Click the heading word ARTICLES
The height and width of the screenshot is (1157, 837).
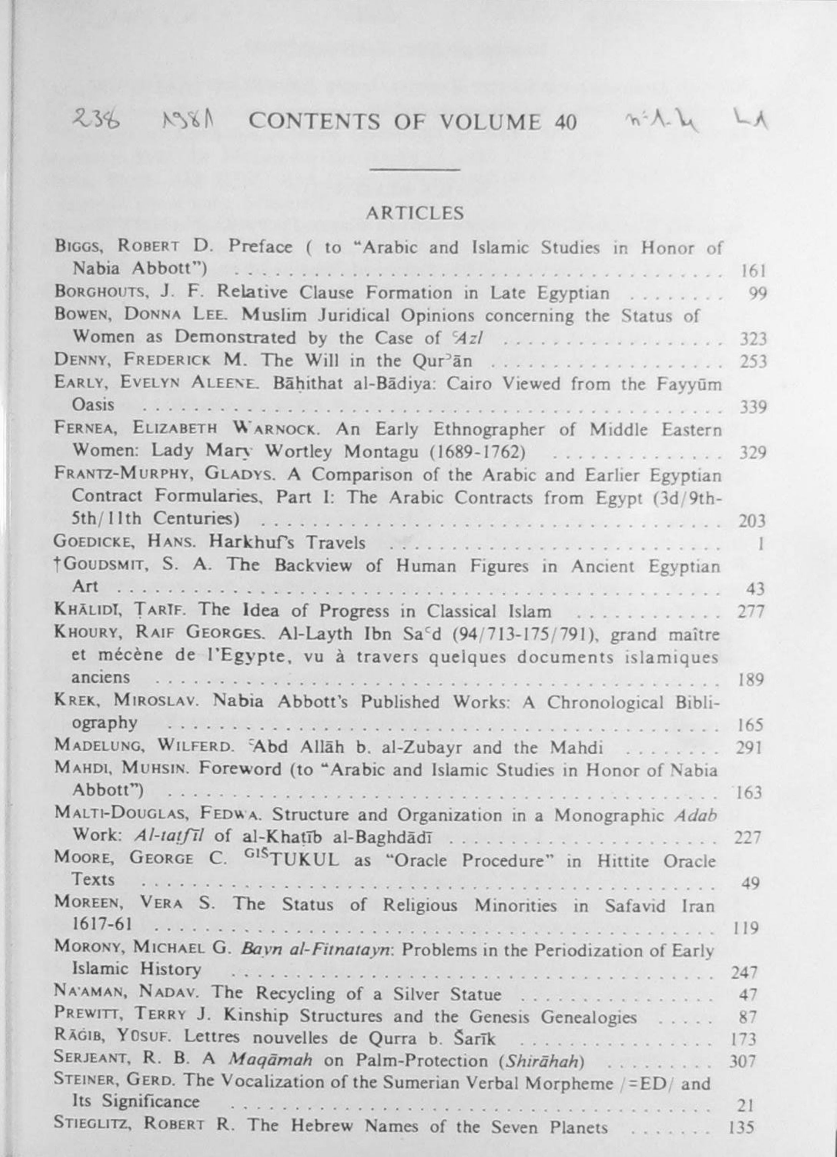pos(414,213)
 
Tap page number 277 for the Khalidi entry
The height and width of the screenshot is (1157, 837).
pos(751,611)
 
